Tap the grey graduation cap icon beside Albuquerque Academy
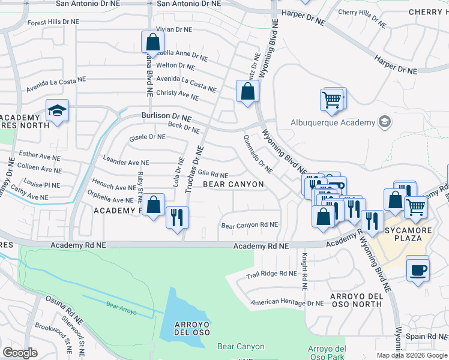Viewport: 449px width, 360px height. pos(385,122)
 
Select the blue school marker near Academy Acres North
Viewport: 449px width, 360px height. pos(58,111)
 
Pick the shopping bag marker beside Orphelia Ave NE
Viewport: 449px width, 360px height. pos(154,204)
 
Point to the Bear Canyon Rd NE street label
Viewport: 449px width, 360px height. pos(250,226)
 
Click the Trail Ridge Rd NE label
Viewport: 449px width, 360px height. pos(272,274)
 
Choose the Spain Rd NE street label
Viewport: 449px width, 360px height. pos(427,338)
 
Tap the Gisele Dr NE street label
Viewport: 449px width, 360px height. pos(147,137)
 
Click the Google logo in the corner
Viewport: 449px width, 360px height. pos(20,353)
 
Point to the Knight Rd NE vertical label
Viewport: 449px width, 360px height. pos(305,272)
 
